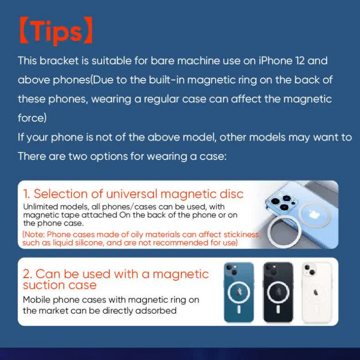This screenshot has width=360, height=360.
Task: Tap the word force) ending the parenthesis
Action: (x=32, y=118)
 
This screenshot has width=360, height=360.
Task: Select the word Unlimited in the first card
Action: (x=43, y=206)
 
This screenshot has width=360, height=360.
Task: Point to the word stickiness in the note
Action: (x=237, y=234)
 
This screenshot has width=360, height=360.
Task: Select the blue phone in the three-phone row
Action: (x=239, y=292)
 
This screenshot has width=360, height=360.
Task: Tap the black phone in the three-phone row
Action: (x=278, y=292)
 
